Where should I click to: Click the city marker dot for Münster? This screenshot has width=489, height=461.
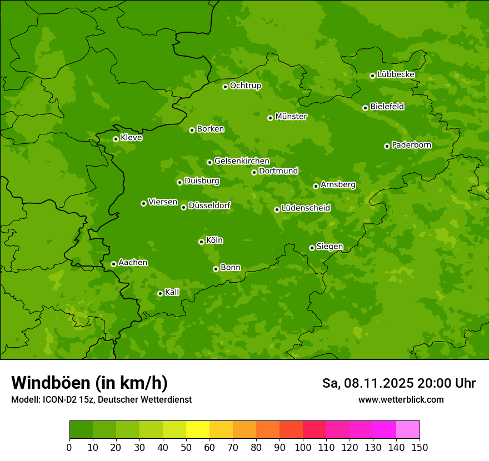[x=270, y=118]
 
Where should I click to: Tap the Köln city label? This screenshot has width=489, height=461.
[x=214, y=240]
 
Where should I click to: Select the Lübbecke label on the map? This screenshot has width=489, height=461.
[x=396, y=74]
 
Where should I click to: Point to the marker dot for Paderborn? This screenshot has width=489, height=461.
[x=387, y=146]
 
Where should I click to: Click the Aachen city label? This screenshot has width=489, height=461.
[x=133, y=262]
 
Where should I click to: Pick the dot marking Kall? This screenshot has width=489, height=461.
[x=160, y=293]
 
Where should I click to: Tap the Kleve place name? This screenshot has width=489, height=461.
[x=131, y=137]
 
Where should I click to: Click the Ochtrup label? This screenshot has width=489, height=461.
[x=245, y=86]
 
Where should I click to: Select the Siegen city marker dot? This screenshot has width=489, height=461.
[x=312, y=248]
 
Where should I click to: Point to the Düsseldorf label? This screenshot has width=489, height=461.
[x=209, y=206]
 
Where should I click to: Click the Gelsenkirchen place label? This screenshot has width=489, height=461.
[x=242, y=161]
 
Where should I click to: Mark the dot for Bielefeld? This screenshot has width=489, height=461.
[x=365, y=108]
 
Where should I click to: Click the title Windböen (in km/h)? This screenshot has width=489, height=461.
[x=89, y=383]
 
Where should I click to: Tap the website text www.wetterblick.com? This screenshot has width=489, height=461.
[x=401, y=399]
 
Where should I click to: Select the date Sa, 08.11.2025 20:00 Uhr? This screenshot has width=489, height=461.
[x=398, y=383]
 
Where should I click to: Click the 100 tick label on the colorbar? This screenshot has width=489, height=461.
[x=302, y=447]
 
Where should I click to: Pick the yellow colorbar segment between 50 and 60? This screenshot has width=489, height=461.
[x=198, y=430]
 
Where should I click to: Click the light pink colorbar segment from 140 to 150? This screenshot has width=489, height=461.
[x=408, y=430]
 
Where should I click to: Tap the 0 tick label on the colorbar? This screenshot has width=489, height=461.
[x=69, y=447]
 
